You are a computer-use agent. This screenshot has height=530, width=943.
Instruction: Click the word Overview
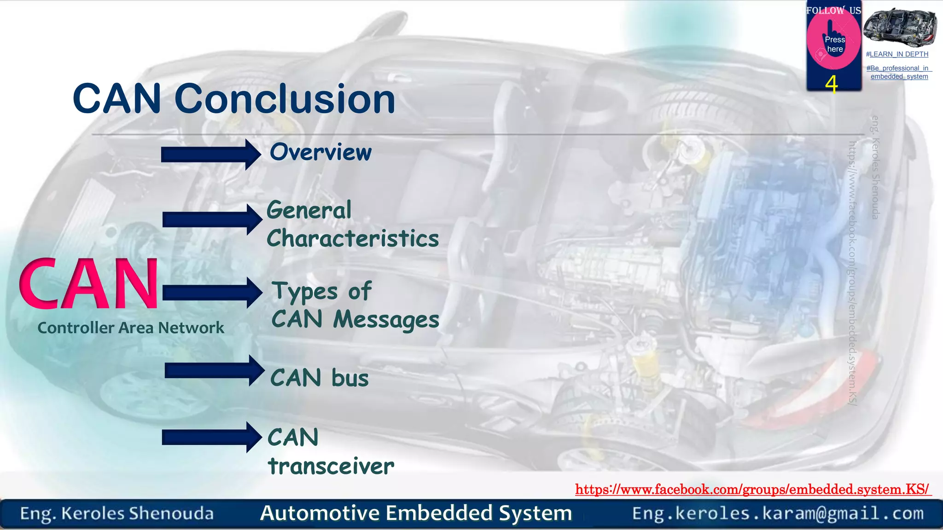pyautogui.click(x=320, y=152)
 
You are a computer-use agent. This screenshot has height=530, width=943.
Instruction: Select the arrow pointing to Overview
pyautogui.click(x=210, y=155)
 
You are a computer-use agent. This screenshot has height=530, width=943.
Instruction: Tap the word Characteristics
pyautogui.click(x=353, y=238)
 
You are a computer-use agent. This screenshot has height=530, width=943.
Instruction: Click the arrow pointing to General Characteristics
pyautogui.click(x=212, y=219)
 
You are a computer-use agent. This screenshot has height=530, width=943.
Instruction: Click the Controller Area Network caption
pyautogui.click(x=131, y=328)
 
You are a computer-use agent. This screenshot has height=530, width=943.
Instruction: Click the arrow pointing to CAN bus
pyautogui.click(x=214, y=370)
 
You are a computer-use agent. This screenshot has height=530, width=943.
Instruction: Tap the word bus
pyautogui.click(x=350, y=378)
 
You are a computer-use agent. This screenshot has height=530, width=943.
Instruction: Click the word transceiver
pyautogui.click(x=331, y=466)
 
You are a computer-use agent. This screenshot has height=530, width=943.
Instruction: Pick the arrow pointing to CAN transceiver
pyautogui.click(x=211, y=437)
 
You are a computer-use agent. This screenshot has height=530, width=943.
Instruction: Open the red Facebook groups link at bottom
pyautogui.click(x=752, y=489)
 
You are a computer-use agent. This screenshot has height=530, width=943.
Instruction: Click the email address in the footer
pyautogui.click(x=778, y=513)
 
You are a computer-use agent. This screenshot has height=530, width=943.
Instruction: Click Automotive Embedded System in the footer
pyautogui.click(x=416, y=513)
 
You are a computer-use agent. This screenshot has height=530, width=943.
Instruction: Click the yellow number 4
pyautogui.click(x=832, y=84)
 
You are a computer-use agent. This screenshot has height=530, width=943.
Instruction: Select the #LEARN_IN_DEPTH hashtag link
pyautogui.click(x=897, y=54)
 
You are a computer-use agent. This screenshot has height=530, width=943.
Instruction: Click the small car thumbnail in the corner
pyautogui.click(x=899, y=27)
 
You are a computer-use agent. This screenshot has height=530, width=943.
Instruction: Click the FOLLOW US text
pyautogui.click(x=833, y=10)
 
